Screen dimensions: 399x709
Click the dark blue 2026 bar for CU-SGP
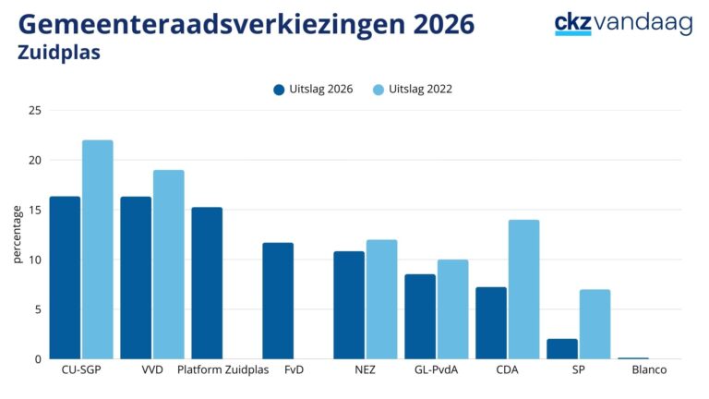65,277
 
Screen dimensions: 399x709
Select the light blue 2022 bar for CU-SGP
97,249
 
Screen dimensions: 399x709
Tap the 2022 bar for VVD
168,264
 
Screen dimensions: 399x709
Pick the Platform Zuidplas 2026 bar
207,283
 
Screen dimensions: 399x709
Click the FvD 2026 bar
278,300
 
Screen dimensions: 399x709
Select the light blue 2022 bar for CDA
523,289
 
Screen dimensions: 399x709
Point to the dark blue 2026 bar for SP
561,349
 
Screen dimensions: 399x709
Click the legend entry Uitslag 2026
313,90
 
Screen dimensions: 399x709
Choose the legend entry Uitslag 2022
413,90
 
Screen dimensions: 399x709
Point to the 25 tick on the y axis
36,111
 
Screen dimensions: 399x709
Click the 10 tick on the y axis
36,260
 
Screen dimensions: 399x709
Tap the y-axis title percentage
17,235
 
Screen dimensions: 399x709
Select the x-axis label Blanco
649,370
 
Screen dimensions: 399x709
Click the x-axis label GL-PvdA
436,370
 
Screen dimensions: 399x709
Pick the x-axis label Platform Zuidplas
222,370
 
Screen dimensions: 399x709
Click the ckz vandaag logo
623,23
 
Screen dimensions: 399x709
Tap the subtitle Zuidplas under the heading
59,53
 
